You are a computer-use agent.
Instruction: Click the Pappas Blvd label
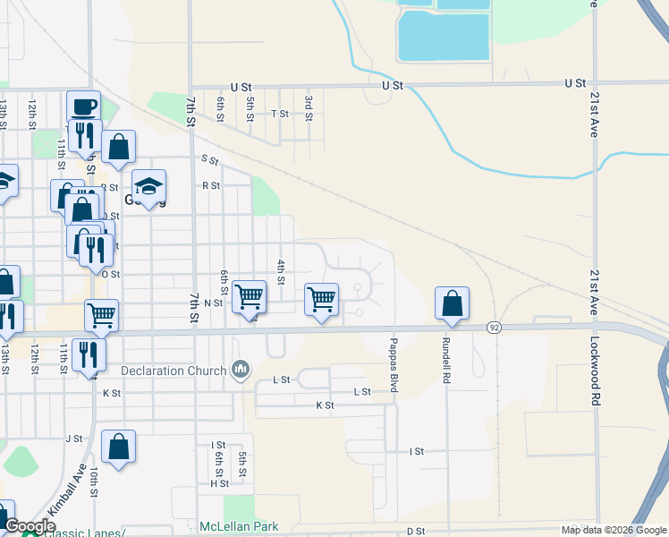[x=393, y=363]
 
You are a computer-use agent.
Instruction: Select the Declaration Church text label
[x=174, y=371]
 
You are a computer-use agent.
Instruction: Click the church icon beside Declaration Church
[x=240, y=369]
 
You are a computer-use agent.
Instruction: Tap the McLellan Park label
[x=239, y=527]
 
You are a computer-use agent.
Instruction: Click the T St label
[x=280, y=114]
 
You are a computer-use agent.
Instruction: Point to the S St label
[x=210, y=159]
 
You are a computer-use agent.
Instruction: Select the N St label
[x=213, y=303]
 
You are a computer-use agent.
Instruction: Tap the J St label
[x=74, y=439]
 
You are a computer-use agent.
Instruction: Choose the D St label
[x=415, y=531]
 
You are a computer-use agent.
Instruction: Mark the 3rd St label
[x=309, y=104]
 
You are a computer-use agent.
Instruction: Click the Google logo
[x=30, y=526]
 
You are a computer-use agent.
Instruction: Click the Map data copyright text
[x=614, y=530]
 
